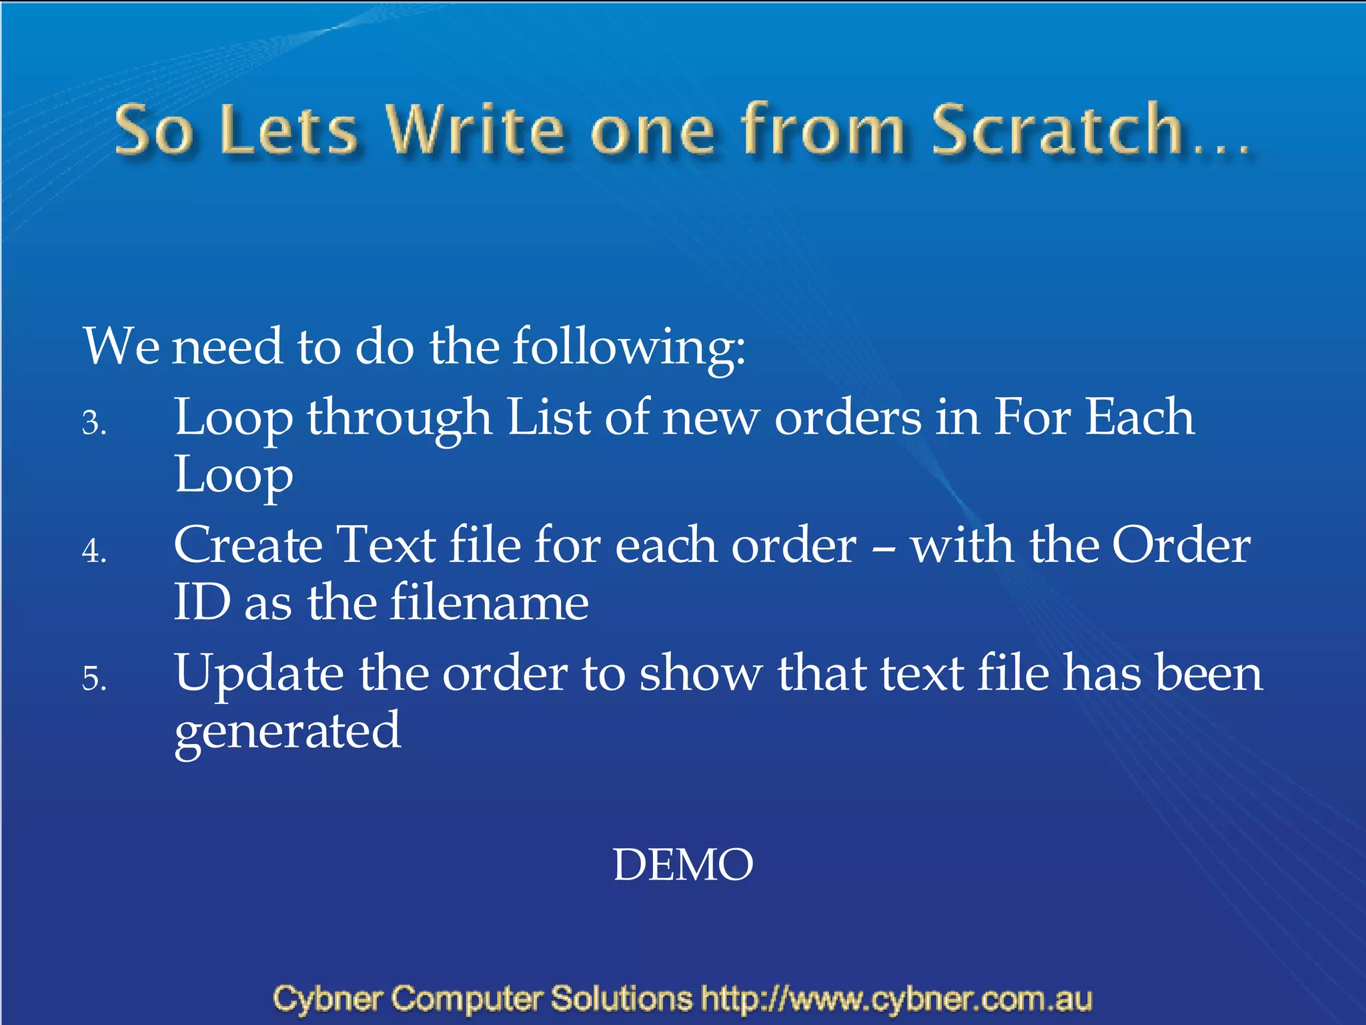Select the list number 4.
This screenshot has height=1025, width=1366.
coord(93,552)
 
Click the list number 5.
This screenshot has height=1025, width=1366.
coord(93,679)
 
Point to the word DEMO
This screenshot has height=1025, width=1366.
coord(683,865)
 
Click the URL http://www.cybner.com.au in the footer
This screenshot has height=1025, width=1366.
coord(896,999)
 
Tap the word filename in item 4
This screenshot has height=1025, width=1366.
coord(489,603)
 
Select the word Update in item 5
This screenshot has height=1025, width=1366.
coord(259,674)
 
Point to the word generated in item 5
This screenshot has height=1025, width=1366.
coord(287,732)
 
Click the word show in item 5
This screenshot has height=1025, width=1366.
coord(700,674)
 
